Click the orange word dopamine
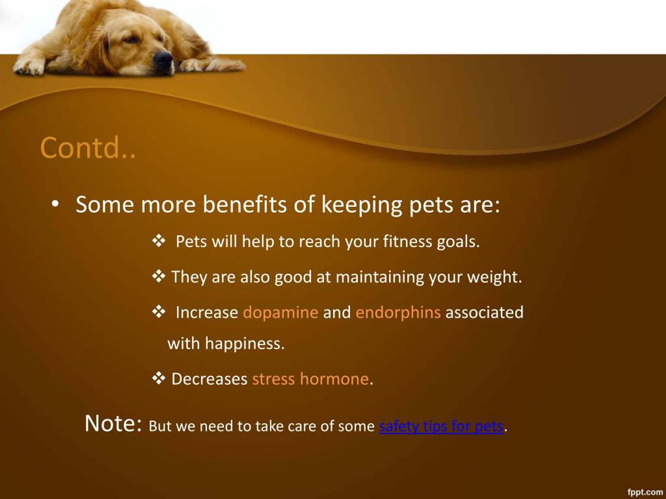click(x=280, y=312)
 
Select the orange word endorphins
click(x=398, y=312)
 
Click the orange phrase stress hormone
click(x=310, y=379)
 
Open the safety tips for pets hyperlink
click(x=441, y=426)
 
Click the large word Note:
click(x=113, y=424)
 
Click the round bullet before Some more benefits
click(x=55, y=204)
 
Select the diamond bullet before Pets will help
click(x=159, y=241)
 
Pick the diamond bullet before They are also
click(x=159, y=276)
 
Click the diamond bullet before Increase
click(x=159, y=312)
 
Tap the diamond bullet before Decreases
click(x=159, y=378)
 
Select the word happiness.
click(x=245, y=344)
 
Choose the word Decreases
click(x=209, y=379)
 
